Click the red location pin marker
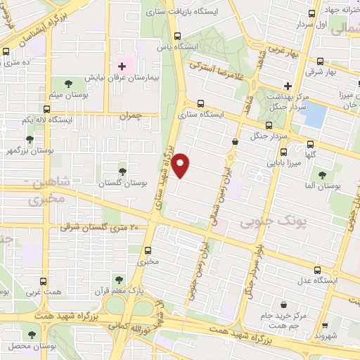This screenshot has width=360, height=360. pos(181,165)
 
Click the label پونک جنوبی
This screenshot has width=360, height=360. pos(273,223)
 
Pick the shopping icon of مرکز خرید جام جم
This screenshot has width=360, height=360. pos(282,305)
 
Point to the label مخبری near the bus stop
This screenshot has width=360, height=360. pos(148,262)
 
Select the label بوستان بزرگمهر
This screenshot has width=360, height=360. pos(32,150)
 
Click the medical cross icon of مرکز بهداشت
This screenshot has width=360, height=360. pos(288,85)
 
